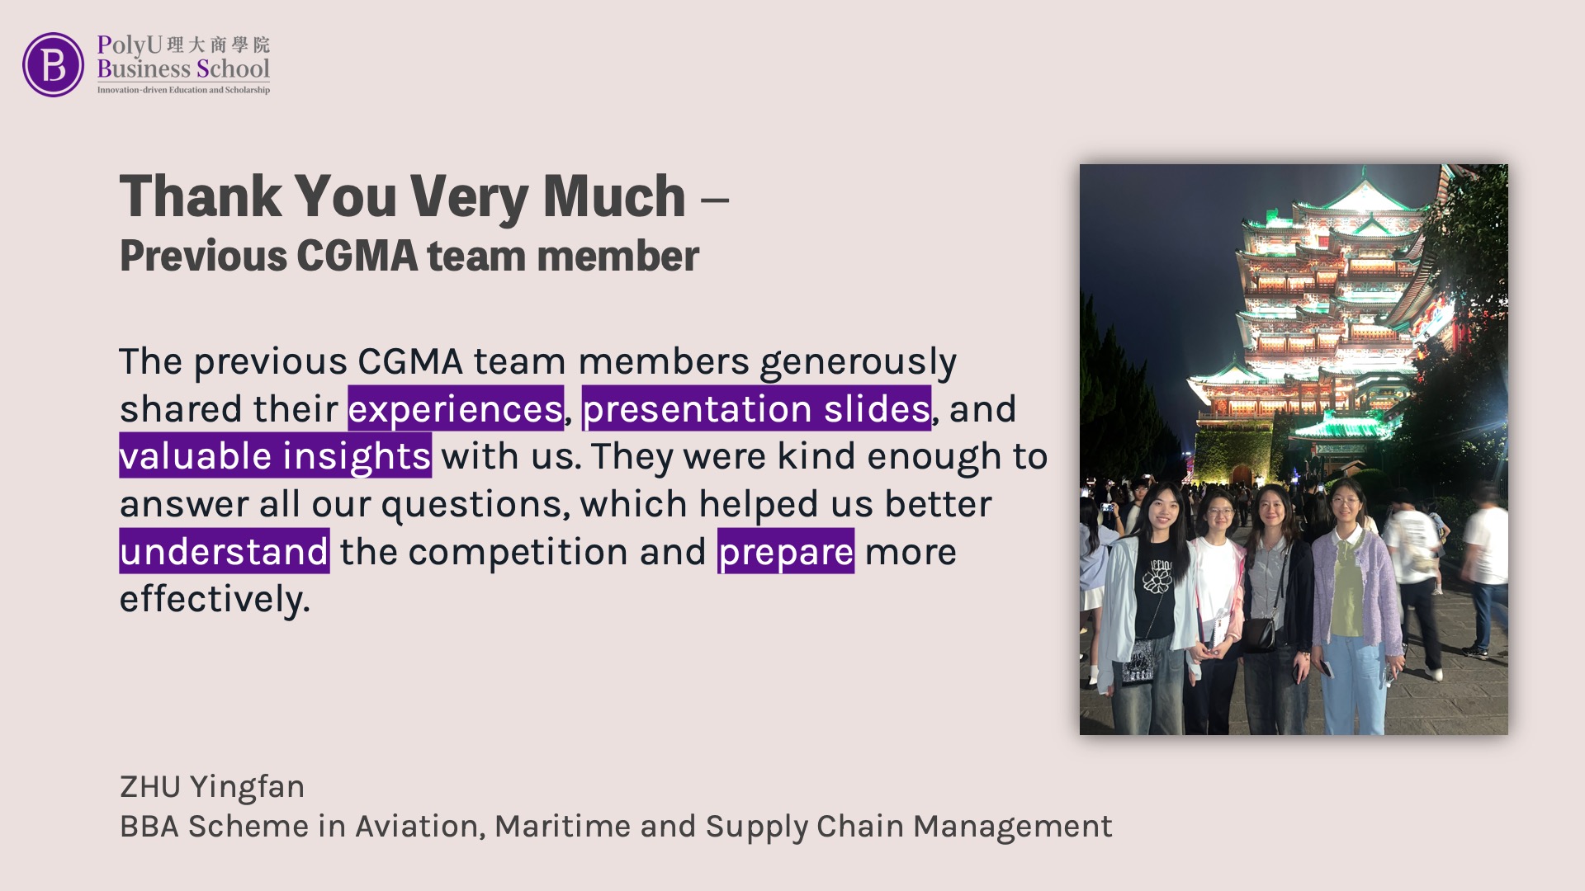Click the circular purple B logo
pos(53,64)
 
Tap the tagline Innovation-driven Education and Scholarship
pos(183,90)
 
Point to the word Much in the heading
pos(614,197)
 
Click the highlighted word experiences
pos(456,408)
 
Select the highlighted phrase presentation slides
pos(757,408)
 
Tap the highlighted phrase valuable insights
pos(276,455)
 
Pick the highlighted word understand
pos(225,551)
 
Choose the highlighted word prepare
pos(786,551)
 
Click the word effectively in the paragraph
pos(215,599)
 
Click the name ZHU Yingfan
pos(212,787)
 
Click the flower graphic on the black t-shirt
pos(1157,581)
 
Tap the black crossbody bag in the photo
pos(1258,634)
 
